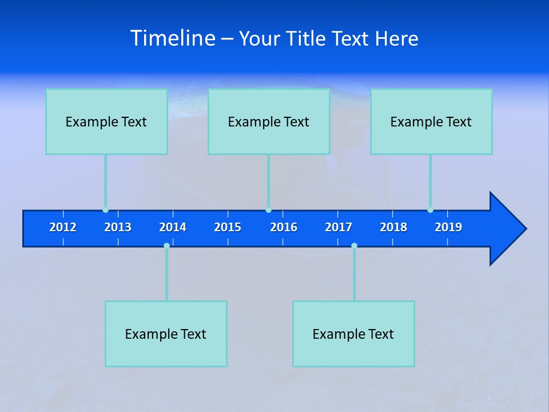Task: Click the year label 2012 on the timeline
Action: [x=63, y=227]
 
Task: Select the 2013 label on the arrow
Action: [x=118, y=227]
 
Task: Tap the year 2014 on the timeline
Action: [x=173, y=227]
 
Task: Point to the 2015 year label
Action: [x=228, y=227]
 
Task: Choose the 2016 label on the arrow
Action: [x=284, y=227]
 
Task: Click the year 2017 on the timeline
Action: [x=339, y=227]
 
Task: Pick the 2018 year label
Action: [x=393, y=227]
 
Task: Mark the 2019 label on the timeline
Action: [x=448, y=227]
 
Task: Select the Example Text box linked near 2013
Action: [x=106, y=121]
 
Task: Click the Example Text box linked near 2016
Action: [x=269, y=121]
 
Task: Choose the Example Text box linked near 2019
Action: [x=431, y=121]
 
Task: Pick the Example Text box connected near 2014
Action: [x=166, y=334]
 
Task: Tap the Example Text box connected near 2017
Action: [x=353, y=334]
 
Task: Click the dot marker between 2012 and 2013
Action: [x=105, y=210]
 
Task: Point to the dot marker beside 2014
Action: [x=166, y=245]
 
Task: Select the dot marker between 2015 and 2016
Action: [x=268, y=210]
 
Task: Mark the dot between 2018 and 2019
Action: [x=430, y=210]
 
